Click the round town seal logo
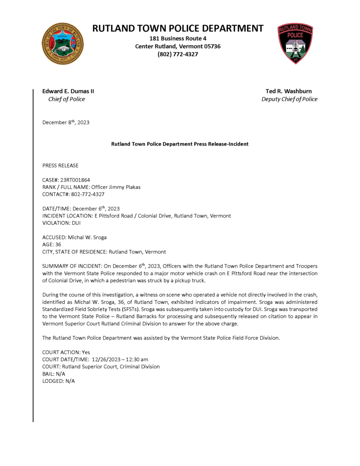click(62, 43)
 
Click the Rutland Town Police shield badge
click(295, 44)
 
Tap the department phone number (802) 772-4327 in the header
click(178, 54)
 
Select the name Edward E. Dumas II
click(68, 91)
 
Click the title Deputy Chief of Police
click(289, 99)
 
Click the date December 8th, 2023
click(66, 122)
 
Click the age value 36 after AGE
click(58, 244)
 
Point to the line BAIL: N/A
click(54, 374)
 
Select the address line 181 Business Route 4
click(178, 39)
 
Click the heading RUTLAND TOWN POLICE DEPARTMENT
click(178, 28)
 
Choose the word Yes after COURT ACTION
click(86, 352)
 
